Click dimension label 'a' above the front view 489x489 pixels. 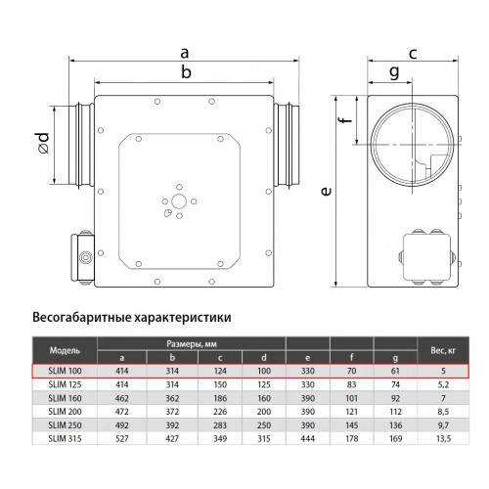point(185,53)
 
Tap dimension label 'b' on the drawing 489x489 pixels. point(186,71)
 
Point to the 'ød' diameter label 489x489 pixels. point(43,142)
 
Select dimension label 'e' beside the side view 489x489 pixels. point(326,191)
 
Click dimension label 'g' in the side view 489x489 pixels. point(394,71)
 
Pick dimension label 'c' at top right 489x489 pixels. point(413,53)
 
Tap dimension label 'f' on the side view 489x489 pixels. point(346,116)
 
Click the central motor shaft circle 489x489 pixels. point(179,201)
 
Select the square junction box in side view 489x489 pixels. point(427,257)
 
